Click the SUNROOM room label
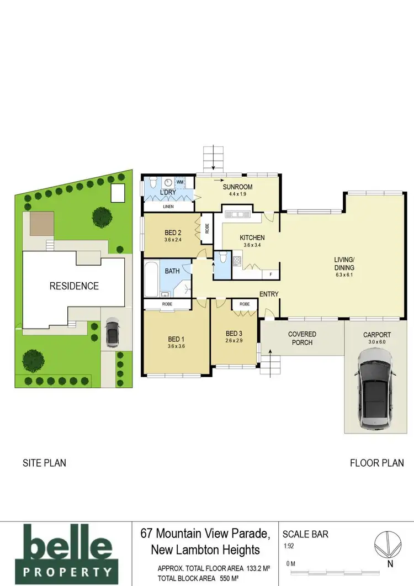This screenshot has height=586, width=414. click(238, 187)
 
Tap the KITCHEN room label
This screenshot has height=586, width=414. click(252, 238)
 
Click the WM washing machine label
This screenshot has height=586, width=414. click(181, 181)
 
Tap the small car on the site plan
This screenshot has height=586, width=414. click(112, 333)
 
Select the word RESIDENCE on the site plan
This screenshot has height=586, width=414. click(74, 286)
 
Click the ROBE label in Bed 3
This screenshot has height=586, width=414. click(245, 304)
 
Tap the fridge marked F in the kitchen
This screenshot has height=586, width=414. click(270, 274)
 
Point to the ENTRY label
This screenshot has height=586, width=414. click(268, 294)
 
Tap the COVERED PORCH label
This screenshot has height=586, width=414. click(302, 338)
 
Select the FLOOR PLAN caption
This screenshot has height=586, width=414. click(376, 463)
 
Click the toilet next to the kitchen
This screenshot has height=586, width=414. click(222, 258)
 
